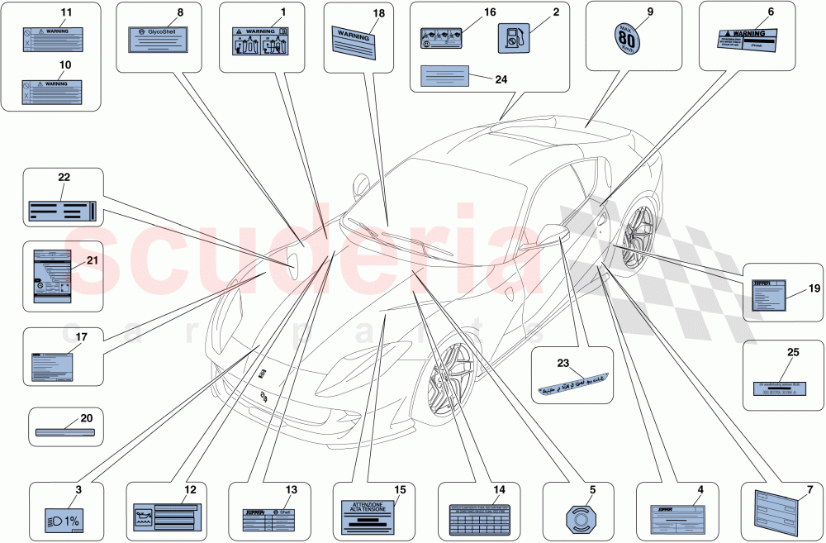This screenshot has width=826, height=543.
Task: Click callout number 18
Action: [378, 13]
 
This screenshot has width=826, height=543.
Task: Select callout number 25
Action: [793, 353]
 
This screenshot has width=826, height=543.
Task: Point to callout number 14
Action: [499, 489]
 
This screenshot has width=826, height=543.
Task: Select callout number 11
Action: [66, 12]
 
